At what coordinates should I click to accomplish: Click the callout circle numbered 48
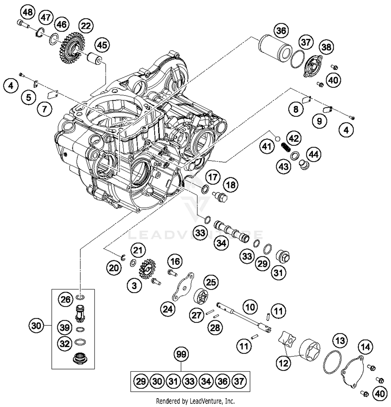click(28, 12)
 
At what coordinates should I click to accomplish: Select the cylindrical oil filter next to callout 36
click(275, 48)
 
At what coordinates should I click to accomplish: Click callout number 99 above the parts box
click(181, 354)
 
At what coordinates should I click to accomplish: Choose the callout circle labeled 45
click(102, 45)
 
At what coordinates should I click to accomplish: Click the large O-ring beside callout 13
click(332, 362)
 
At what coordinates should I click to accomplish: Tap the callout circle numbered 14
click(365, 347)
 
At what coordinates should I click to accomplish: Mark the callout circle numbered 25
click(211, 282)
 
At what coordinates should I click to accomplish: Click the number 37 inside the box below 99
click(239, 381)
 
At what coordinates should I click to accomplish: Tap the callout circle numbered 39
click(65, 327)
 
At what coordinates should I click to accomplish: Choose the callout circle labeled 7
click(44, 109)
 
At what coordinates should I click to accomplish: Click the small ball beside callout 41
click(277, 138)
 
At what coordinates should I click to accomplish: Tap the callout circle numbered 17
click(213, 177)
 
